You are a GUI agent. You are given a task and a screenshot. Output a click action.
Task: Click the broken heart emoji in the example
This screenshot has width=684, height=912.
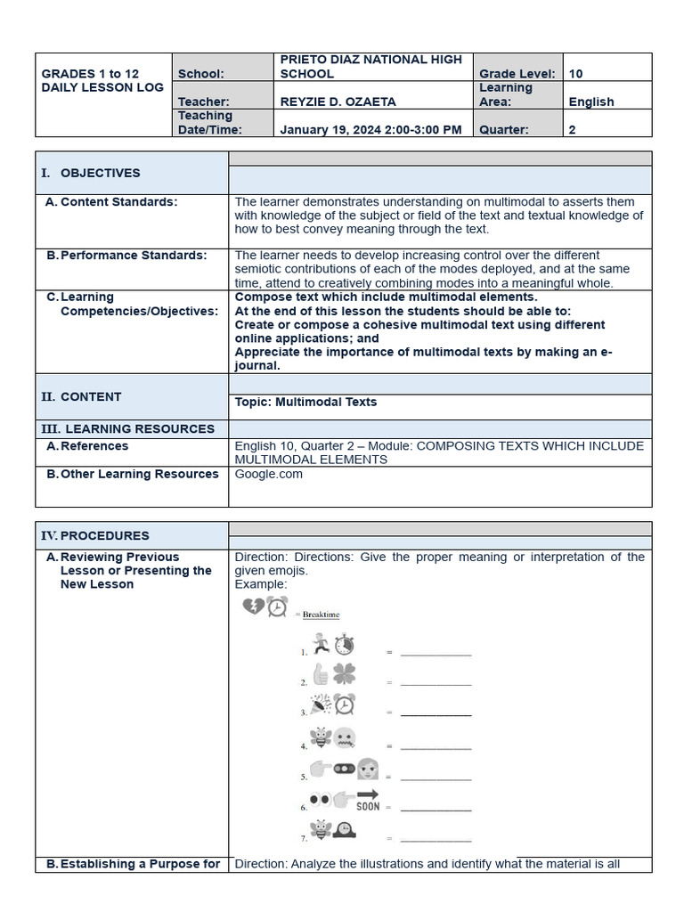(x=253, y=607)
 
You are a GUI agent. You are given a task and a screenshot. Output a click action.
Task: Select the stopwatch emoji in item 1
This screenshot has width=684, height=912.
(x=345, y=645)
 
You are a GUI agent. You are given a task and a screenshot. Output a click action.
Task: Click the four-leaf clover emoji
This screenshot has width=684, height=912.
(x=344, y=674)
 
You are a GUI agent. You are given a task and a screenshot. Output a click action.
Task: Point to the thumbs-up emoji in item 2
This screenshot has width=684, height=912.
(x=321, y=674)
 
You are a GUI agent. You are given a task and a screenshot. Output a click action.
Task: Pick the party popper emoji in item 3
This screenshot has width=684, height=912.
(x=321, y=704)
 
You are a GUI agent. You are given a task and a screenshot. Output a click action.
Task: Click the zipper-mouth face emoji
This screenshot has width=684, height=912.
(x=345, y=737)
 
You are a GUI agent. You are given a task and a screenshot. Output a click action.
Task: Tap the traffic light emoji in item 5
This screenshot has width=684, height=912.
(x=344, y=769)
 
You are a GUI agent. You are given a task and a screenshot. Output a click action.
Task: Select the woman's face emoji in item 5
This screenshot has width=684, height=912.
(x=368, y=769)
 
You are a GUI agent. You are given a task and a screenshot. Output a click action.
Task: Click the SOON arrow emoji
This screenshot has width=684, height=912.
(x=368, y=800)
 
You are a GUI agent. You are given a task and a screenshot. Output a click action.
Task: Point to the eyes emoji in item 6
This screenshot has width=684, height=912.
(x=320, y=800)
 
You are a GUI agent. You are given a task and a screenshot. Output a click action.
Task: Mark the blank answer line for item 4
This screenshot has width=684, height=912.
(x=436, y=746)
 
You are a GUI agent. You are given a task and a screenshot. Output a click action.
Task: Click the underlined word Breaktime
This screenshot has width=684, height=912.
(x=321, y=615)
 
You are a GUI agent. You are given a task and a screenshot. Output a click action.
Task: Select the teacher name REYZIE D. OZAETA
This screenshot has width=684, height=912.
(x=338, y=102)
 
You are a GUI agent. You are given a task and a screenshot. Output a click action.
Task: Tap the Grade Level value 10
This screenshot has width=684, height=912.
(x=576, y=74)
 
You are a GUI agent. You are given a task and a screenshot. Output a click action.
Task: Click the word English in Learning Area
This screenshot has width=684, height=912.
(x=591, y=102)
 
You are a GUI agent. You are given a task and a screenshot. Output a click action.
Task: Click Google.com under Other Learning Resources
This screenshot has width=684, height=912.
(x=268, y=474)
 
